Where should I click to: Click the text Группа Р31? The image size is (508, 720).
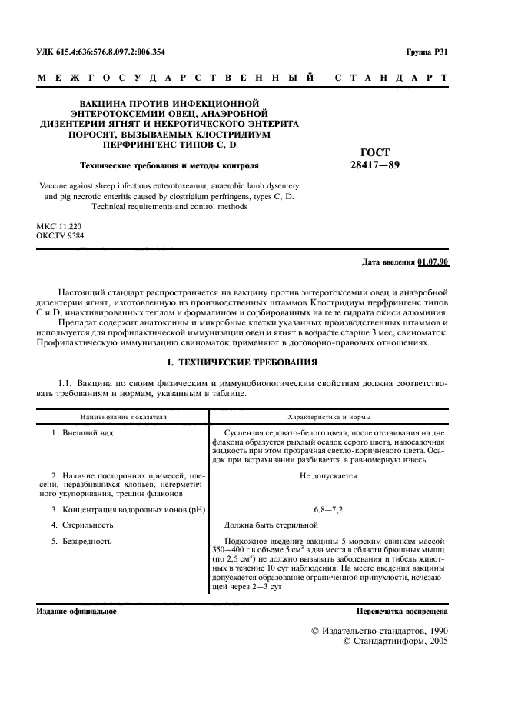pos(427,52)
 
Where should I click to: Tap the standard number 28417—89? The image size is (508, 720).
pos(374,164)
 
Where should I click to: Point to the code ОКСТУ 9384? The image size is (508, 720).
pos(60,236)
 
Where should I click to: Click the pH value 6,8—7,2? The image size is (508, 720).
pos(329,509)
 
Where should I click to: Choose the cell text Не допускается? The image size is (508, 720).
pos(329,477)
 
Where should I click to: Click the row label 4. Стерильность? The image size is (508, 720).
pos(82,525)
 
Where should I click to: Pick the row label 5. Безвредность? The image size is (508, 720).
pos(81,541)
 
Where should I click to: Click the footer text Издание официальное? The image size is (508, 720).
pos(76,612)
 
